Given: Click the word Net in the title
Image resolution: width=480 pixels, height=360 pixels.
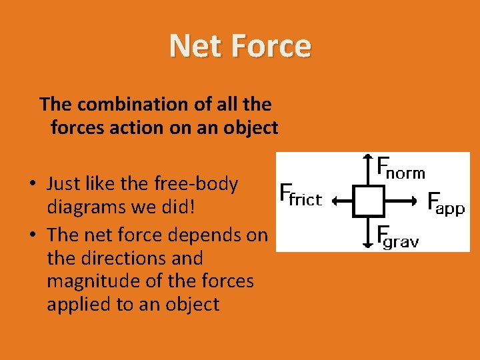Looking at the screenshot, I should point(192,46).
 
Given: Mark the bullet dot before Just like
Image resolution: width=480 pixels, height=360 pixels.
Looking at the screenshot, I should point(32,185).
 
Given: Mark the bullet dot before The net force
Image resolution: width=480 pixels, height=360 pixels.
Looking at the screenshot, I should point(32,235).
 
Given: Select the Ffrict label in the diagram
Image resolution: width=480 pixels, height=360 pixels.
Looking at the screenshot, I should point(301,195).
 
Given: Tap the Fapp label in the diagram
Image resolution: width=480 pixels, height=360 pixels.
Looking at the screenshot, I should point(445,203).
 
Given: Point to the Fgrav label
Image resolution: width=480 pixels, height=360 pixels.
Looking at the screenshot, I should point(397,237).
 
